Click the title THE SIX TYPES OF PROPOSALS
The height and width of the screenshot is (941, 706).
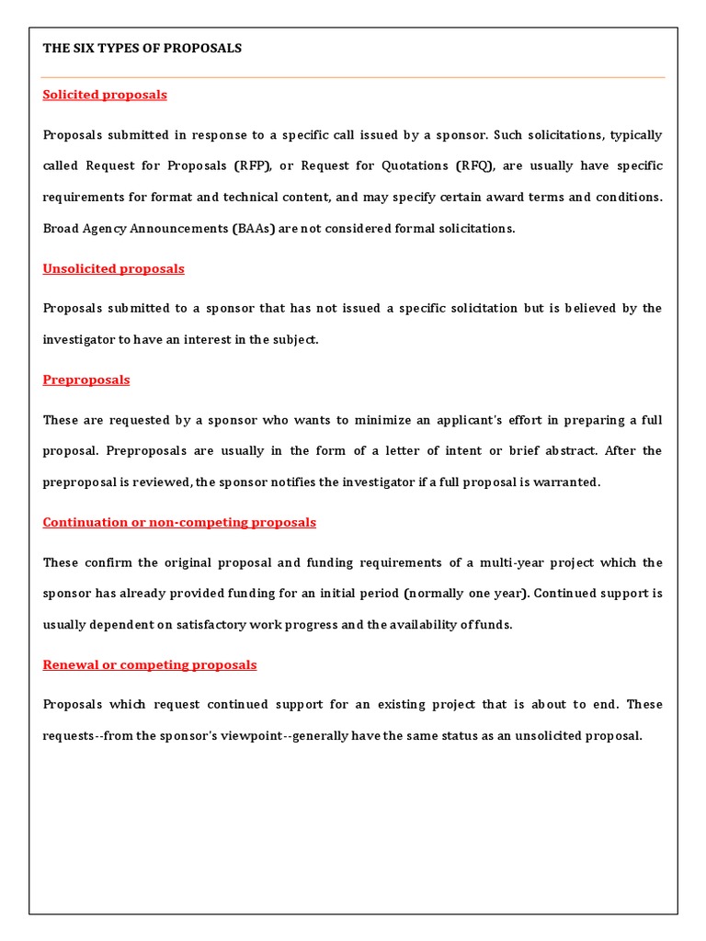[x=142, y=48]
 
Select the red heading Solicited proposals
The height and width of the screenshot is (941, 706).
[x=105, y=95]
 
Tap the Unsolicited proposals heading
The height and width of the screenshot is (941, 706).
[x=113, y=268]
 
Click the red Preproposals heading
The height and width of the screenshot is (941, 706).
[x=86, y=380]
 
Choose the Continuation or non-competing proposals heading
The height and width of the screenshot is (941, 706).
[x=179, y=522]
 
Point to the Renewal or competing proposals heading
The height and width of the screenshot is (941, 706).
[x=150, y=664]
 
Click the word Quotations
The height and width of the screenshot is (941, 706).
[x=411, y=166]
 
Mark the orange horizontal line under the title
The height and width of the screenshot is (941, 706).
[x=353, y=77]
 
